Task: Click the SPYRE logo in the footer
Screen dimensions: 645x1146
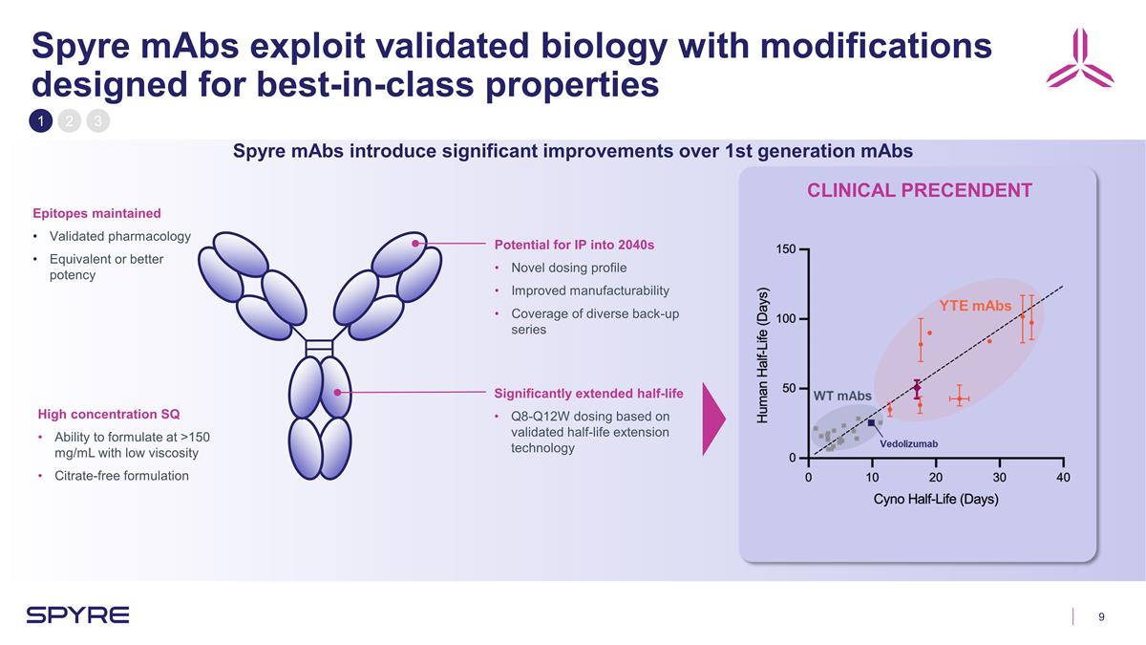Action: pos(77,615)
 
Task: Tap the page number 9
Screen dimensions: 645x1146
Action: pos(1102,616)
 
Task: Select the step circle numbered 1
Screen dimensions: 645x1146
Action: pos(41,121)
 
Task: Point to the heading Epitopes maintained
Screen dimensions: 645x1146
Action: pos(96,213)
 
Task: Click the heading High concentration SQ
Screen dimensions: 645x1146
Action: pos(108,414)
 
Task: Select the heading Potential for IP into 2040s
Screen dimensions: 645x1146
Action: pos(574,245)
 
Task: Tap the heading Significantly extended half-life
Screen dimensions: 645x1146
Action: pos(588,394)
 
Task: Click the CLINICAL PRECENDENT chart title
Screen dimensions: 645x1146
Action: pos(919,190)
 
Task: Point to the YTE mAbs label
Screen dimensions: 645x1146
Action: pos(974,306)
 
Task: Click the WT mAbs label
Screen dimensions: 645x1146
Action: pos(842,396)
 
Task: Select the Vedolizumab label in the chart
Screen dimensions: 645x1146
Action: pos(908,444)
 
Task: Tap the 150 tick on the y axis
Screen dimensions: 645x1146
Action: pos(784,249)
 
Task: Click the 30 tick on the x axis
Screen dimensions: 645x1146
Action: pos(999,478)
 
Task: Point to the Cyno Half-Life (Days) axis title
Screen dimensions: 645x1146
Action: pos(936,500)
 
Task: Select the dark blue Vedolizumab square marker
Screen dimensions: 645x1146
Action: pos(871,422)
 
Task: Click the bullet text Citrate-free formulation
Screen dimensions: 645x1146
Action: pos(120,476)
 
